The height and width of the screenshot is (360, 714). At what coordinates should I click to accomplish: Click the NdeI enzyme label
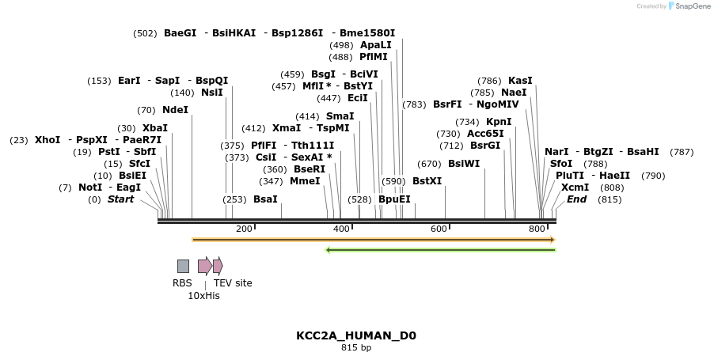point(175,110)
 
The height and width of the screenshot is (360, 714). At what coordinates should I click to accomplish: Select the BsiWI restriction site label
point(464,164)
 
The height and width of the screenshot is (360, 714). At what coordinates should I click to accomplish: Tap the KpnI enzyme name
point(499,122)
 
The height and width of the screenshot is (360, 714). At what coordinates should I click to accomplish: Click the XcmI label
point(575,188)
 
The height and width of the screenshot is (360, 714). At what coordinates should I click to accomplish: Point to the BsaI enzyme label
point(265,199)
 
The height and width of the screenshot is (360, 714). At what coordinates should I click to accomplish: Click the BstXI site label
point(427,181)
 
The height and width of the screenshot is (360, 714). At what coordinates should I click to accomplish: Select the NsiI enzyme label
point(212,93)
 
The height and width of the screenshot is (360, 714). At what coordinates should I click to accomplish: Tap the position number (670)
point(429,164)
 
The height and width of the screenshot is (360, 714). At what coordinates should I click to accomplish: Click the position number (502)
point(146,33)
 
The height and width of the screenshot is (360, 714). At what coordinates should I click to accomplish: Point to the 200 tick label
point(244,229)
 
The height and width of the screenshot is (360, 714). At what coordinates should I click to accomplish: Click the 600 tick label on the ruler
point(439,229)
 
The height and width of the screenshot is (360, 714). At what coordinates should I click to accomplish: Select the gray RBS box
point(183,266)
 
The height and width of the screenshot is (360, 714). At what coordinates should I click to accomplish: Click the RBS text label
point(182,283)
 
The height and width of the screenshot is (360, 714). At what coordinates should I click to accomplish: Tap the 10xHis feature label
point(203,296)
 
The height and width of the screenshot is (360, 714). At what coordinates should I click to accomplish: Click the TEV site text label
point(233,283)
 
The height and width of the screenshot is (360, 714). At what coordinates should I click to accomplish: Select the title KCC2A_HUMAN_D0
point(356,335)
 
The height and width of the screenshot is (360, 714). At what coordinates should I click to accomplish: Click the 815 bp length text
point(356,347)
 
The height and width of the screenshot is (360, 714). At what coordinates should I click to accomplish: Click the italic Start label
point(120,199)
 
